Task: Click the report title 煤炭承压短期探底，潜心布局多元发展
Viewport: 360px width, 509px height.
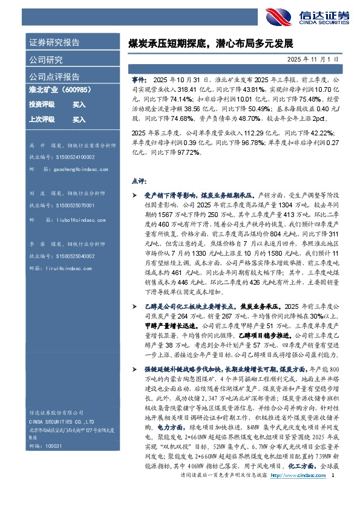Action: click(x=211, y=44)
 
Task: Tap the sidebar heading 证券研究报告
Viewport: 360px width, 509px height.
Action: click(x=54, y=43)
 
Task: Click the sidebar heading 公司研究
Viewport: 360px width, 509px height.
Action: click(x=46, y=60)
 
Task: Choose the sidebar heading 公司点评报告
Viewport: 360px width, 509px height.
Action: click(x=54, y=77)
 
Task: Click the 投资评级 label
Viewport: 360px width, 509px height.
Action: click(x=42, y=104)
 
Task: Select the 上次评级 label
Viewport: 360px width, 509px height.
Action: click(x=42, y=120)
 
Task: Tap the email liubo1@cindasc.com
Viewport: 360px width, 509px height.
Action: click(x=69, y=221)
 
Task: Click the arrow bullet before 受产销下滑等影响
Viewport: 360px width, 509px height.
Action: click(x=134, y=196)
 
